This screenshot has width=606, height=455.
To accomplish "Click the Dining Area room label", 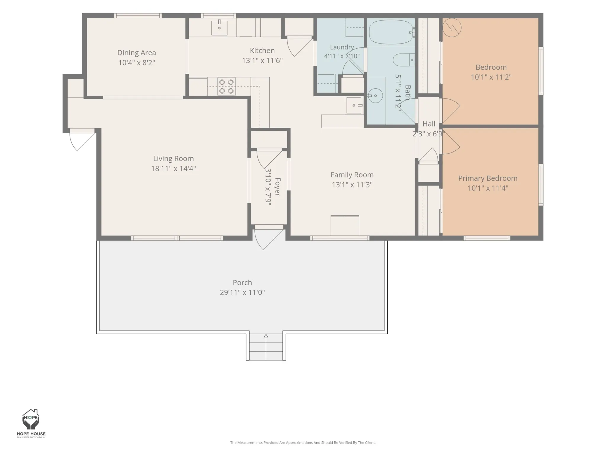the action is pyautogui.click(x=136, y=53).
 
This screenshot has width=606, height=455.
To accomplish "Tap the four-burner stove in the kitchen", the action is pyautogui.click(x=226, y=86).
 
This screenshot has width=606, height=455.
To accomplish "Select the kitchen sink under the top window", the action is pyautogui.click(x=219, y=28).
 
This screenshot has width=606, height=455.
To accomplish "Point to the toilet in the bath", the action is pyautogui.click(x=404, y=60).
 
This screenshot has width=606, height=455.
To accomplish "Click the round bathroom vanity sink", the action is pyautogui.click(x=375, y=96).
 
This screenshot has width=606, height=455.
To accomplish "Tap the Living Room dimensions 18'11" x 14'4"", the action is pyautogui.click(x=173, y=169).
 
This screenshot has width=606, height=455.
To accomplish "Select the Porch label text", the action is pyautogui.click(x=242, y=282).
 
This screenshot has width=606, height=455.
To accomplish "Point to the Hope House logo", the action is pyautogui.click(x=31, y=423).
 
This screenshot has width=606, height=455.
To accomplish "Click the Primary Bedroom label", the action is pyautogui.click(x=488, y=178).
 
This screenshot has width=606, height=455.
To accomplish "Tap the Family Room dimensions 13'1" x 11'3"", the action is pyautogui.click(x=352, y=185).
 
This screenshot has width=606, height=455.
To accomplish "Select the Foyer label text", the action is pyautogui.click(x=277, y=187).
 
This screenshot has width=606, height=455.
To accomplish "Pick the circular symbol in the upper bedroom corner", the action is pyautogui.click(x=452, y=28).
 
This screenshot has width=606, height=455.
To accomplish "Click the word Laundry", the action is pyautogui.click(x=342, y=47).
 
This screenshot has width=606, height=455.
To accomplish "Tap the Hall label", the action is pyautogui.click(x=429, y=124).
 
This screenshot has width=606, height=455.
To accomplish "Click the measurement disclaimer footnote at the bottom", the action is pyautogui.click(x=303, y=443).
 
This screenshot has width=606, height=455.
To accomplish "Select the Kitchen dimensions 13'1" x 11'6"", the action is pyautogui.click(x=262, y=60).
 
